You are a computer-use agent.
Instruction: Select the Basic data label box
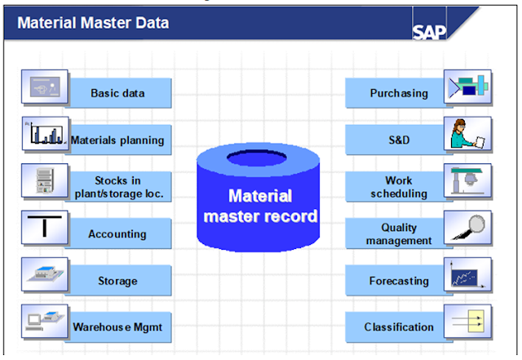[x=117, y=93]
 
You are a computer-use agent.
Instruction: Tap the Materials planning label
[x=117, y=140]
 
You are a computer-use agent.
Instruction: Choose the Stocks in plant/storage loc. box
[x=117, y=186]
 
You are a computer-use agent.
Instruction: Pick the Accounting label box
[x=117, y=233]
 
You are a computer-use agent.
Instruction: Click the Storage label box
[x=117, y=281]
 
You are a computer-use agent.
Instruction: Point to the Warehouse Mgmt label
[x=117, y=327]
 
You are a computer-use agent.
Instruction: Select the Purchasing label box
[x=398, y=93]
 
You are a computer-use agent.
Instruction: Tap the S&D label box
[x=398, y=140]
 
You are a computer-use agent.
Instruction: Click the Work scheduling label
[x=398, y=186]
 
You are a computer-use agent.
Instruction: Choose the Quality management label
[x=398, y=233]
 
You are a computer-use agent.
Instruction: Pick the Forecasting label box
[x=398, y=281]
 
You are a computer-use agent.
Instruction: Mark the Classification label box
[x=398, y=327]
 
